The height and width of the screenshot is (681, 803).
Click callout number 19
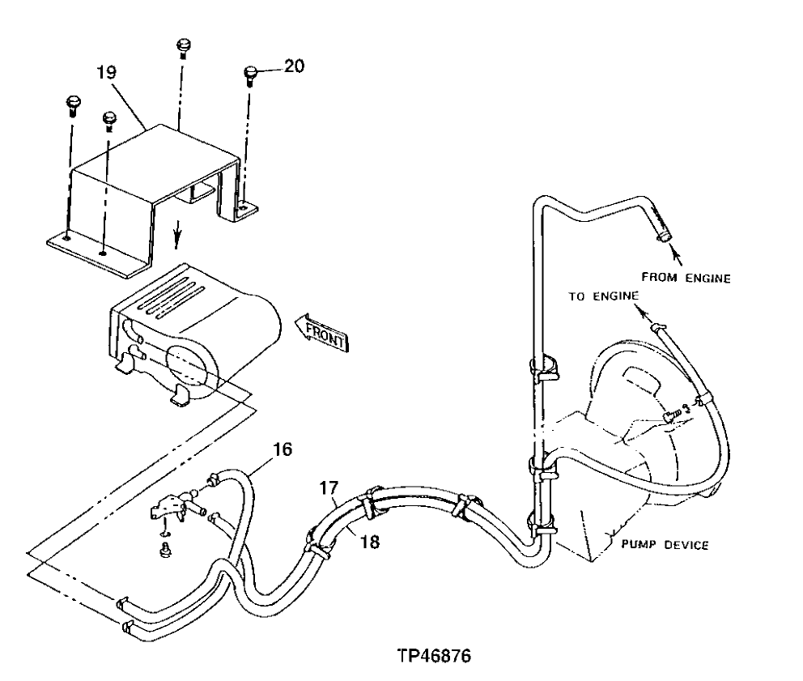[107, 73]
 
